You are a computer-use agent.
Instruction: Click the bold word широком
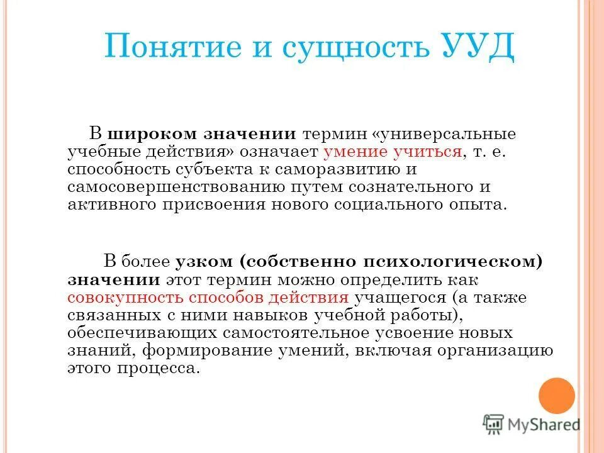154,134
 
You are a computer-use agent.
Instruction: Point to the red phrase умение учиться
393,152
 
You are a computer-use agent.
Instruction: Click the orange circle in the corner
557,396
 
